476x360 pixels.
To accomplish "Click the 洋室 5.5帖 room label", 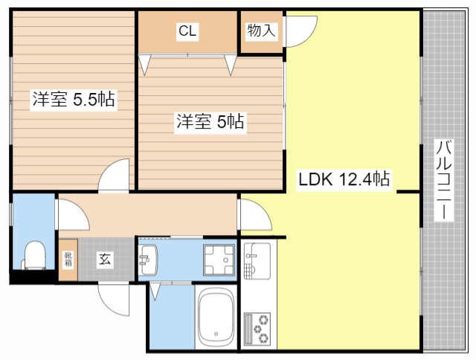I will (73, 100).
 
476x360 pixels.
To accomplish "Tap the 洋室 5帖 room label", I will (210, 122).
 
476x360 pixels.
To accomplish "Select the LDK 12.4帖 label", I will (344, 179).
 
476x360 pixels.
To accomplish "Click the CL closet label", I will (187, 31).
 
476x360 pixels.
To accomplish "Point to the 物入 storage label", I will (261, 31).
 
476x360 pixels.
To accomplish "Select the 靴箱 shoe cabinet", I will (68, 259).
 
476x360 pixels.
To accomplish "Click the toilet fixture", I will (33, 254).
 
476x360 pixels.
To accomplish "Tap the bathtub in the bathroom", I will (216, 317).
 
